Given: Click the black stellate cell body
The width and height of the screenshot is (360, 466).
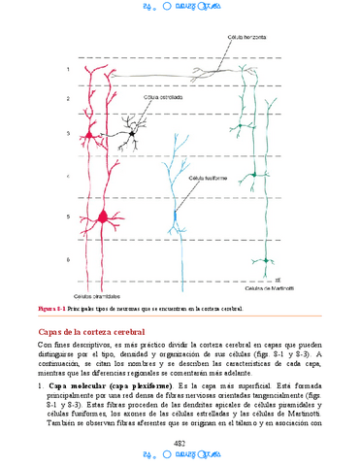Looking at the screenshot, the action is click(x=132, y=130).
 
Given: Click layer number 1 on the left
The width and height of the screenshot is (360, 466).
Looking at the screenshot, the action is click(x=68, y=70).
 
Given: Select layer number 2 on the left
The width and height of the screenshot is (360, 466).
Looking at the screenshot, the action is click(x=68, y=99).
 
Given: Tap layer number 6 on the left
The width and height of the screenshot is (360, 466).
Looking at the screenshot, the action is click(x=68, y=260).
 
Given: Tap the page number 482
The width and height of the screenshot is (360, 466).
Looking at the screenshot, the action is click(x=180, y=442).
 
